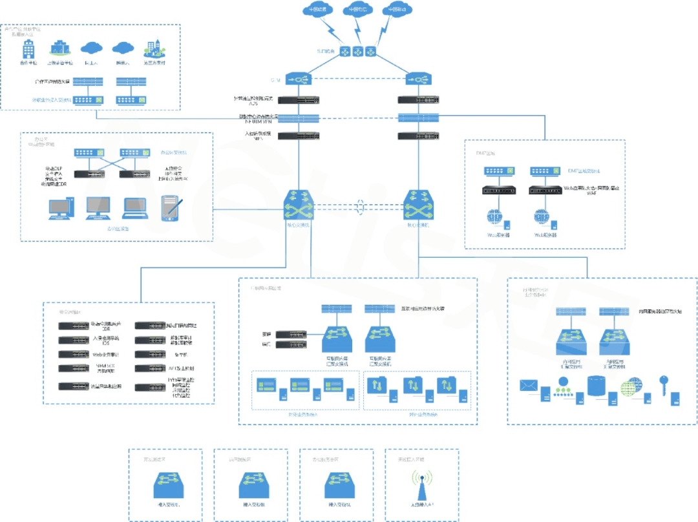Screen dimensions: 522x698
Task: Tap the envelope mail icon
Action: (529, 386)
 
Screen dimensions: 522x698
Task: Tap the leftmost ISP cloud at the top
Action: (317, 10)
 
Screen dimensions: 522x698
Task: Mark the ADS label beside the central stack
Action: (253, 103)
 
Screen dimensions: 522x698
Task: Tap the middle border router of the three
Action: (356, 50)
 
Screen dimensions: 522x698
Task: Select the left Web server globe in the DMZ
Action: (495, 217)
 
